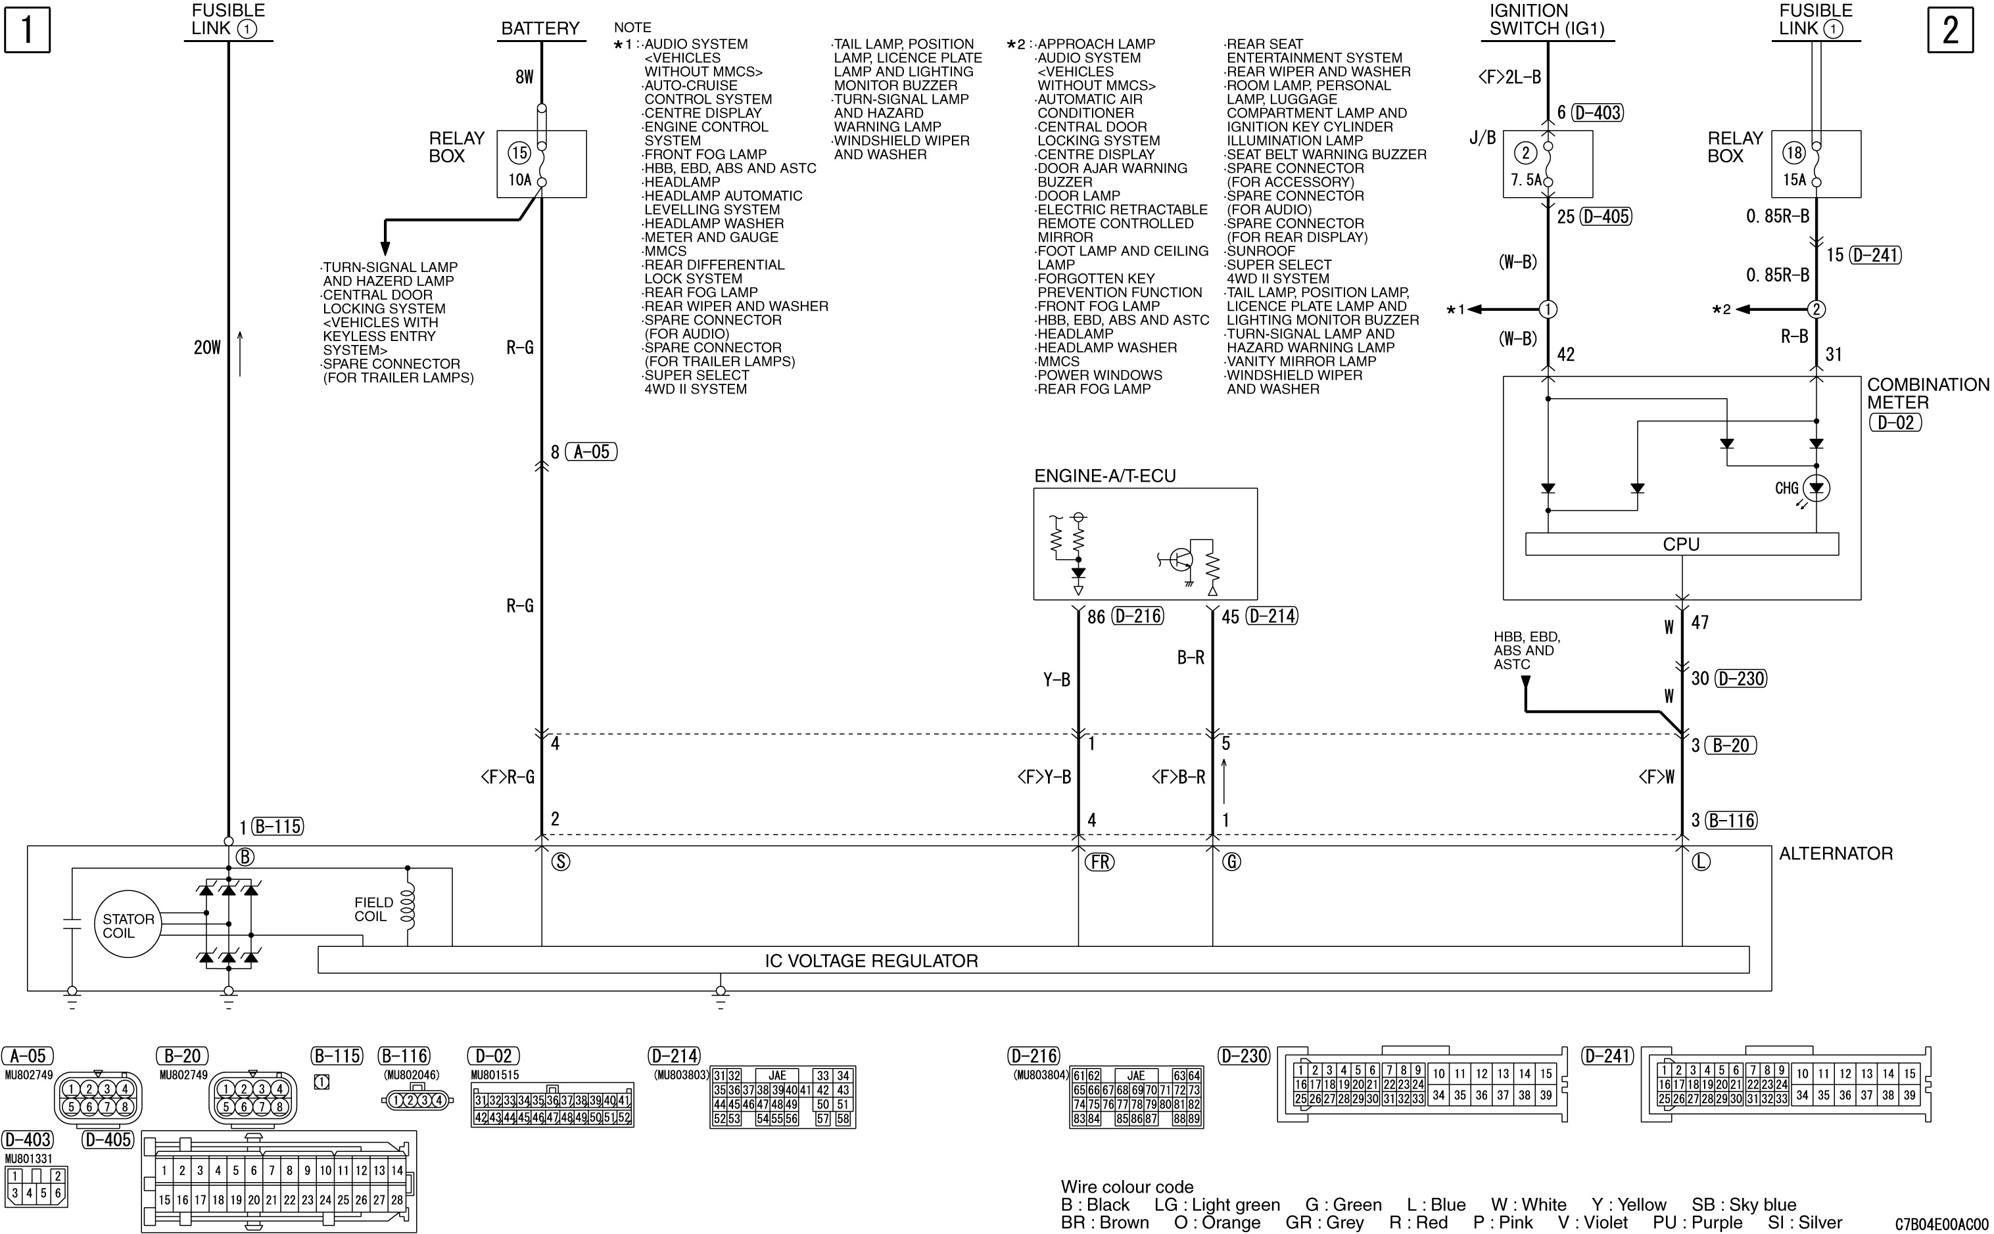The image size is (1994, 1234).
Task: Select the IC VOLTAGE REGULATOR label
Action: (871, 961)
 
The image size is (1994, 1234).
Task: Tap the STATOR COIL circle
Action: (128, 925)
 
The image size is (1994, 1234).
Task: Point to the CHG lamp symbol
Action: (1816, 489)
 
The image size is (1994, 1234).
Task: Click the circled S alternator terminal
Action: (560, 862)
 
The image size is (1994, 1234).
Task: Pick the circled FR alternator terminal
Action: (1099, 862)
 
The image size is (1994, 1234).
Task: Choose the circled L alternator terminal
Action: (1701, 862)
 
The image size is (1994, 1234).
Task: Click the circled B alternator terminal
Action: (244, 857)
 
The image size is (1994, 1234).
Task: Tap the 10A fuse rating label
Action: (520, 179)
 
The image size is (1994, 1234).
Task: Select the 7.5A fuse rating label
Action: (1525, 179)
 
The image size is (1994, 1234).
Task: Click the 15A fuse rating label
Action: (1794, 179)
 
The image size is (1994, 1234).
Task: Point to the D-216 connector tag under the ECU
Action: (1137, 616)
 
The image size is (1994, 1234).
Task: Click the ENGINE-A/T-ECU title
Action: (1104, 476)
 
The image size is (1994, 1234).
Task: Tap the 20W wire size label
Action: (206, 348)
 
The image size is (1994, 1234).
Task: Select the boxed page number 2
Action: (1950, 30)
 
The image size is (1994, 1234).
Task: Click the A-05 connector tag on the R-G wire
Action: (591, 452)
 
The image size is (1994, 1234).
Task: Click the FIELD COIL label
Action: (373, 909)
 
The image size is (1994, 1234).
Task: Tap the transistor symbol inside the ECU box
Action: (1177, 560)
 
